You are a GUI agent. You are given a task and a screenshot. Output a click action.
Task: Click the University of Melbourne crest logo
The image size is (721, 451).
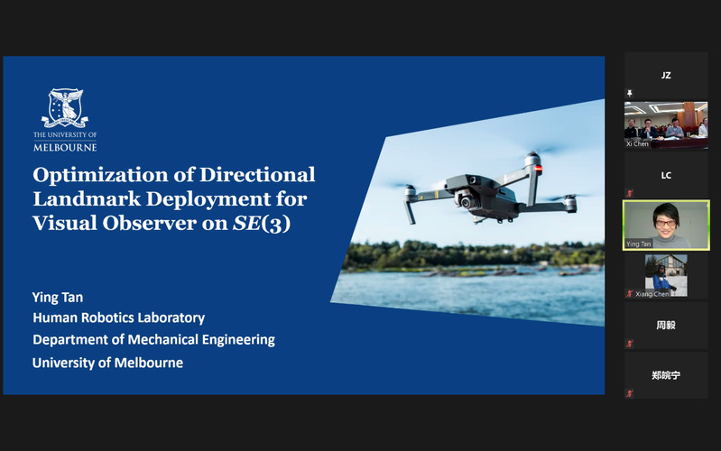[x=65, y=108]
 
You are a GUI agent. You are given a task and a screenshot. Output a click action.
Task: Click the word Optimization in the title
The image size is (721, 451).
[x=99, y=175]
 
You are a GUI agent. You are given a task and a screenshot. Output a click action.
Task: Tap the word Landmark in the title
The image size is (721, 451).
[x=87, y=198]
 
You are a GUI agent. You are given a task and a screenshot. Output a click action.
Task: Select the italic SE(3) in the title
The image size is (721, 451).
[x=262, y=224]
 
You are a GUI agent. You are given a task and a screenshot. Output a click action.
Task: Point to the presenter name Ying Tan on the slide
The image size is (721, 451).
[x=58, y=298]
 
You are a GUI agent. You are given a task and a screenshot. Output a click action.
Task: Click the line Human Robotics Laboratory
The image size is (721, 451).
[x=118, y=318]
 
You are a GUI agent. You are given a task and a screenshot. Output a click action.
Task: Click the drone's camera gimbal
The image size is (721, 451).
[x=465, y=200]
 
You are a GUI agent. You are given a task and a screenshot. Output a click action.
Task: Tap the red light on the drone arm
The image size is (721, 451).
[x=538, y=169]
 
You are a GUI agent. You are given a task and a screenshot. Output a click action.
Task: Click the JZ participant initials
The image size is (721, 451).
[x=666, y=76]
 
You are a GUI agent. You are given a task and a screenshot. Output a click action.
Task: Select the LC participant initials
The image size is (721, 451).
[x=666, y=175]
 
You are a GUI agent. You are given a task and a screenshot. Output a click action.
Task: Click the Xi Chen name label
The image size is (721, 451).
[x=637, y=144]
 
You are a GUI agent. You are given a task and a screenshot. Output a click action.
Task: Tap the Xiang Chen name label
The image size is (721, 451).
[x=652, y=294]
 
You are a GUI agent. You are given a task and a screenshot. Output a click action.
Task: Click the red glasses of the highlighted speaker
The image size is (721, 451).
[x=665, y=224]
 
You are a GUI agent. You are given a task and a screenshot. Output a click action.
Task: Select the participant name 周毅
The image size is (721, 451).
[x=666, y=325]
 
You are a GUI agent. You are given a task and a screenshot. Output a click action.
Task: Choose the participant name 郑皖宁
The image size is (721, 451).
[x=666, y=375]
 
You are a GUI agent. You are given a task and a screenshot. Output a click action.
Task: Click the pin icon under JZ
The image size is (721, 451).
[x=630, y=93]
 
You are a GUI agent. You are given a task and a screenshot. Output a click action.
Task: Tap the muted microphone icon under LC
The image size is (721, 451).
[x=630, y=193]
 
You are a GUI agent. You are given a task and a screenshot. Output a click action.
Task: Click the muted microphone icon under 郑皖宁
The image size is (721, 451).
[x=630, y=393]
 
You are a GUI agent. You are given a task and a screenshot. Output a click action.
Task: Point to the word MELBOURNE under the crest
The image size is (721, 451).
[x=65, y=148]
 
